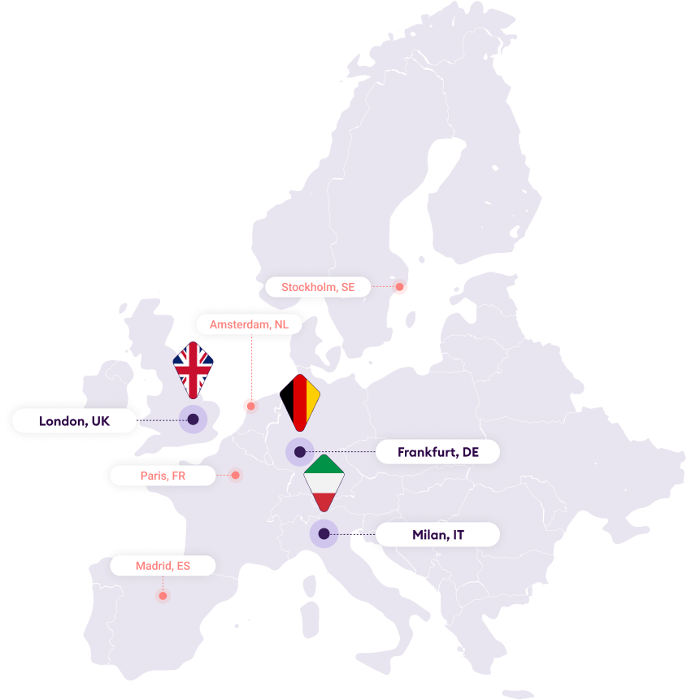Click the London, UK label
pyautogui.click(x=74, y=420)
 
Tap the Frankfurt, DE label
pyautogui.click(x=437, y=452)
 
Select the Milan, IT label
pyautogui.click(x=437, y=534)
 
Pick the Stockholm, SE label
pyautogui.click(x=318, y=287)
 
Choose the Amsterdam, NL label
pyautogui.click(x=249, y=324)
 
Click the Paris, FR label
pyautogui.click(x=163, y=476)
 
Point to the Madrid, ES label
pyautogui.click(x=163, y=565)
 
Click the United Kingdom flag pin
pyautogui.click(x=193, y=367)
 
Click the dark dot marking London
pyautogui.click(x=193, y=420)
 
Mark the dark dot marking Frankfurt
pyautogui.click(x=299, y=451)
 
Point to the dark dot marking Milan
pyautogui.click(x=324, y=534)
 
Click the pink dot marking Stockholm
pyautogui.click(x=400, y=287)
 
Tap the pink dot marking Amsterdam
pyautogui.click(x=250, y=405)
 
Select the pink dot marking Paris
pyautogui.click(x=236, y=476)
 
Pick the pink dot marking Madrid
pyautogui.click(x=163, y=596)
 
